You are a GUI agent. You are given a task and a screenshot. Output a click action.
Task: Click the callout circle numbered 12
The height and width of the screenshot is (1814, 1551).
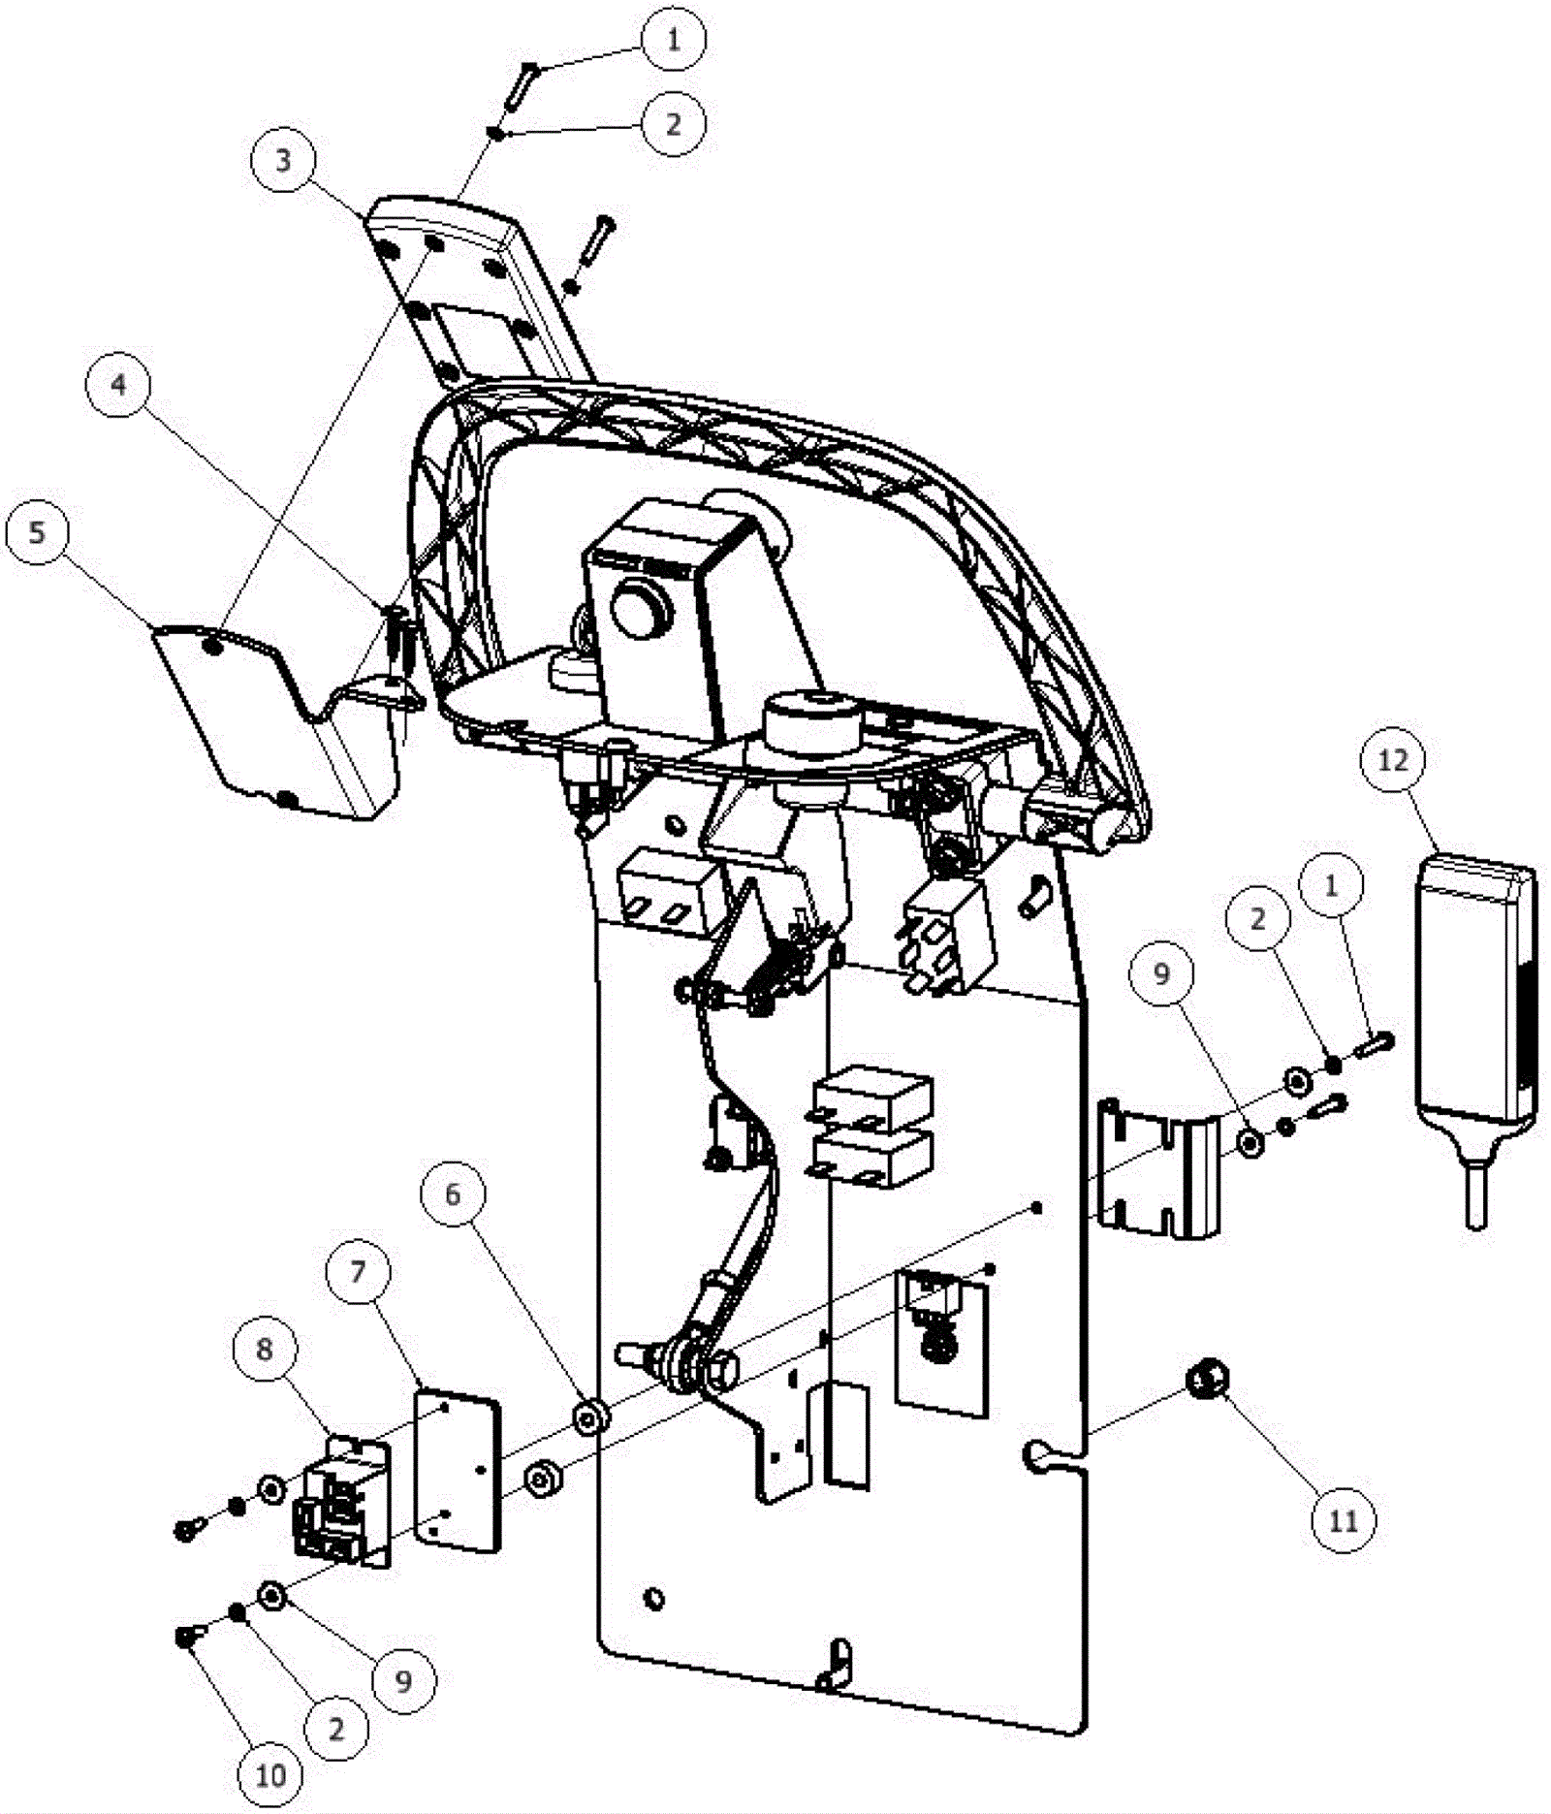[1392, 760]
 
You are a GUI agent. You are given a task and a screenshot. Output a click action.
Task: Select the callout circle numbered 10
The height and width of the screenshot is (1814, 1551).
[270, 1775]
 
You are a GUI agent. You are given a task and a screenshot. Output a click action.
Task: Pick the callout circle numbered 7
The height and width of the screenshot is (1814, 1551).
[359, 1270]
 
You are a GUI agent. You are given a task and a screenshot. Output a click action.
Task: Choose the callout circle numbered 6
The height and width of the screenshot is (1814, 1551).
[453, 1193]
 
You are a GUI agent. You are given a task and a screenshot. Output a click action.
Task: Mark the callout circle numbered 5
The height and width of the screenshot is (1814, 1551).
[37, 531]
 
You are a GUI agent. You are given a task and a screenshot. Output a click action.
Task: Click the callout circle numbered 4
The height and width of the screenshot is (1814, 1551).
[118, 385]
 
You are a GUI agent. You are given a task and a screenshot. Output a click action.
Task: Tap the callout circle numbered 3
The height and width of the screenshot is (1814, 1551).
[283, 160]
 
